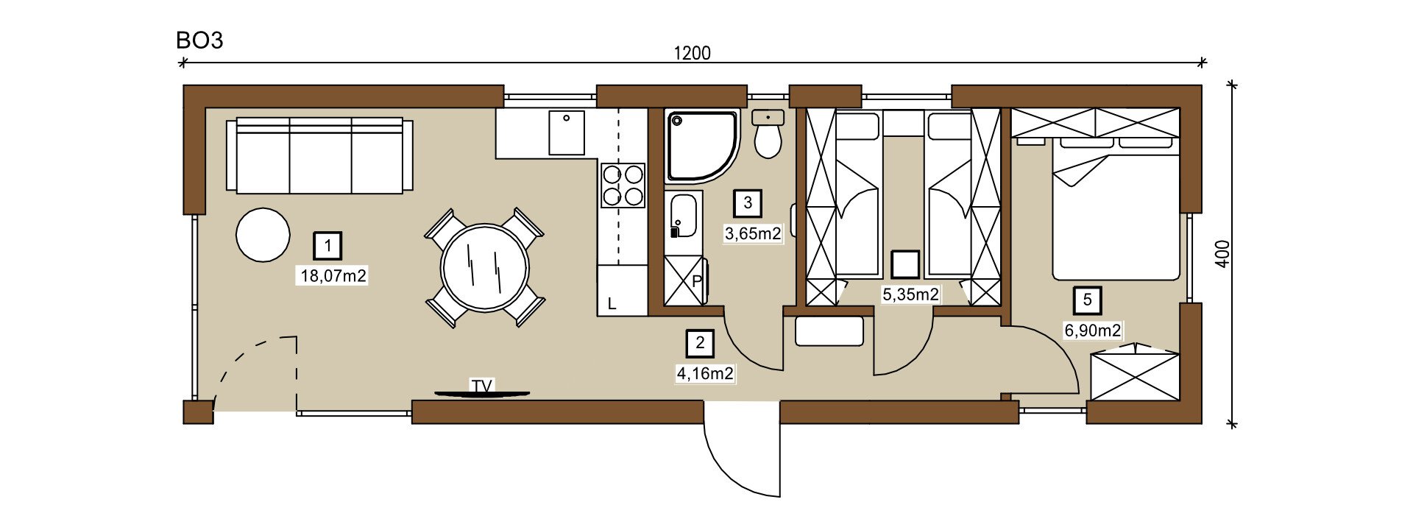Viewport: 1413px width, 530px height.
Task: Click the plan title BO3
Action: point(199,40)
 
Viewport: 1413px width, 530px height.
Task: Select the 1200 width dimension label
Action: point(693,53)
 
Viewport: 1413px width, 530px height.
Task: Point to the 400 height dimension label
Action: point(1222,254)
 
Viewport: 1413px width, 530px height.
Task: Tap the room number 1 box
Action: point(327,246)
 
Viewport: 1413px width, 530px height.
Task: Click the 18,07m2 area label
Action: point(333,276)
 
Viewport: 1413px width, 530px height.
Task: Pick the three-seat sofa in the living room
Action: point(319,155)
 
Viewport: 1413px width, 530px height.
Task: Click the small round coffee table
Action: point(263,235)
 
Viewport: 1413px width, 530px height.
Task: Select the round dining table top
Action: point(484,267)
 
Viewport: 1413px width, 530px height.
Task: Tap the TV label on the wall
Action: point(481,386)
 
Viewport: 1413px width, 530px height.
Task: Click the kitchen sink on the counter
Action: point(567,132)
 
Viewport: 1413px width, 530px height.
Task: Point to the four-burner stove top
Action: point(623,185)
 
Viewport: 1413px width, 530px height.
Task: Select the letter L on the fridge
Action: point(612,304)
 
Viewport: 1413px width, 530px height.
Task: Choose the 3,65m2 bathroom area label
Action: point(753,234)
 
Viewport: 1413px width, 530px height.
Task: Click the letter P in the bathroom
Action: point(697,281)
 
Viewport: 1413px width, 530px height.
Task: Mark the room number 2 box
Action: point(700,343)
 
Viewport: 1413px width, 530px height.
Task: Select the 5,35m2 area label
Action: point(910,294)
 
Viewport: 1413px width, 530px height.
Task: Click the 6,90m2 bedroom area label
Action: point(1093,331)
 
